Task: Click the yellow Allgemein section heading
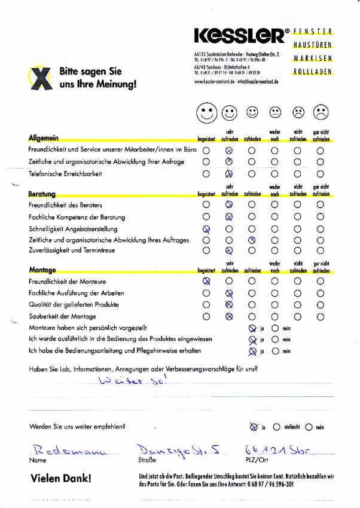pos(43,138)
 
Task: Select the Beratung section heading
pos(42,194)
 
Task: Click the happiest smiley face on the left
pos(206,112)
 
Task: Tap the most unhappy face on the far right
pos(321,112)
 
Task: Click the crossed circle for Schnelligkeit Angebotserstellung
pos(206,229)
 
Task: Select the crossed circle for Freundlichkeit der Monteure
pos(206,281)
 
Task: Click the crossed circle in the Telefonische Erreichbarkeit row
pos(228,174)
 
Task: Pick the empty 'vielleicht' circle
pos(276,427)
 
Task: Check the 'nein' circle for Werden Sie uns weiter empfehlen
pos(309,427)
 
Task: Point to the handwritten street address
pos(170,449)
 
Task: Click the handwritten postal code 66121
pos(261,449)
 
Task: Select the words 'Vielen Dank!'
pos(61,479)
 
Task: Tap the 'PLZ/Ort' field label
pos(255,461)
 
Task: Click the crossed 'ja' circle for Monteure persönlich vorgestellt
pos(252,328)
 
